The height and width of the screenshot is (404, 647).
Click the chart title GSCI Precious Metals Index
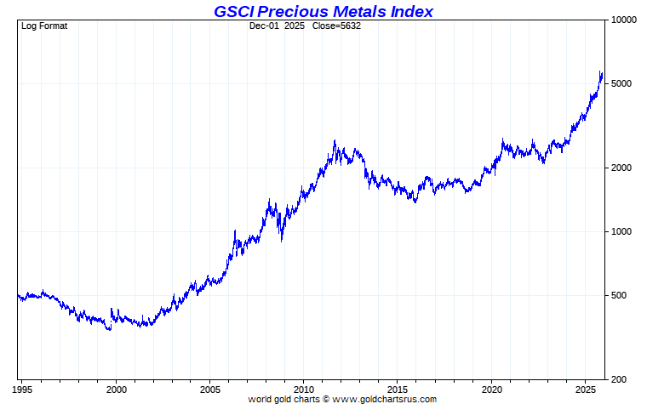point(323,11)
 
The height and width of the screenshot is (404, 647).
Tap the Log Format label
point(44,26)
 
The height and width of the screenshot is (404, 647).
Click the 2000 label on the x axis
point(117,389)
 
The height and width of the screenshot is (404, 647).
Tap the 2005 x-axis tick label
point(210,389)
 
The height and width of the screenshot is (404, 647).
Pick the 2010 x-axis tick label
point(304,389)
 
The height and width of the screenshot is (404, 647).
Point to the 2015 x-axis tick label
point(398,389)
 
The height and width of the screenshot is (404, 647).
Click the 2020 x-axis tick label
point(492,389)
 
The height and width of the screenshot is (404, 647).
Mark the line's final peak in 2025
point(601,71)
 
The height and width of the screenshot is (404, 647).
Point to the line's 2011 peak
point(335,141)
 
